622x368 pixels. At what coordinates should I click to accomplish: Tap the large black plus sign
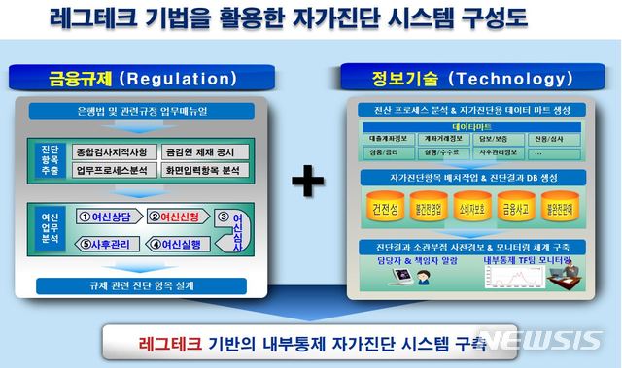click(309, 180)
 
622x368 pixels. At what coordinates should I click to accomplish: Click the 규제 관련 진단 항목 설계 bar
click(142, 285)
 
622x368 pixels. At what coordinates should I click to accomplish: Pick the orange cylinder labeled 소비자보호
click(471, 209)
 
